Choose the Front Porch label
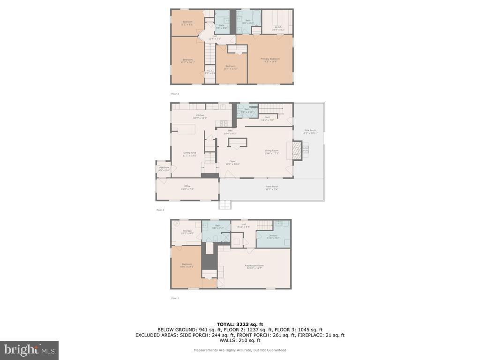(272, 187)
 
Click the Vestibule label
(164, 168)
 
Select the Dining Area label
(189, 153)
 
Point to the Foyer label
(232, 163)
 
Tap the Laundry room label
(273, 236)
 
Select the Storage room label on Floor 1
(187, 232)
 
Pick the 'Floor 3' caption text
(175, 94)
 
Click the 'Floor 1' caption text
(175, 298)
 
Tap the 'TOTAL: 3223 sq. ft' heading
(240, 324)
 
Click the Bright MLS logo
(29, 350)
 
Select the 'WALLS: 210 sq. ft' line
(240, 341)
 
